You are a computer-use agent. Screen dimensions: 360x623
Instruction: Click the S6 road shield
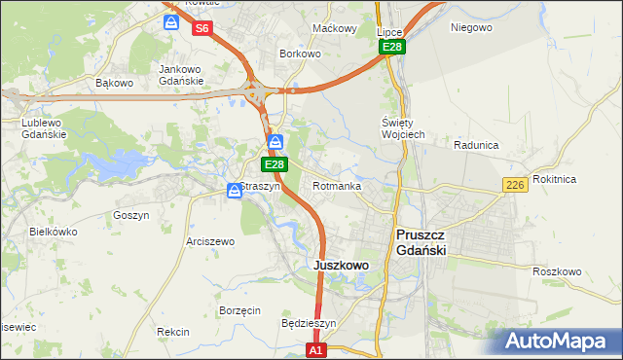click(x=202, y=28)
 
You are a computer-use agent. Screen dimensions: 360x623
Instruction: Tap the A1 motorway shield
click(x=315, y=349)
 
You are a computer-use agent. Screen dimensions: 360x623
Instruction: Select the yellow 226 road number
click(x=515, y=185)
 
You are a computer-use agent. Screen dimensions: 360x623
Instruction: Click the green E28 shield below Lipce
click(x=391, y=47)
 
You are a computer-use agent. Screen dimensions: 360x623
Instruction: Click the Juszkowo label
click(x=341, y=265)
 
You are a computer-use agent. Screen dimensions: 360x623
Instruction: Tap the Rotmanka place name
click(x=337, y=186)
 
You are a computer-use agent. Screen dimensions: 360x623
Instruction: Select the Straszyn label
click(x=260, y=186)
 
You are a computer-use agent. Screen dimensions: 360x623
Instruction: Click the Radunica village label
click(x=476, y=145)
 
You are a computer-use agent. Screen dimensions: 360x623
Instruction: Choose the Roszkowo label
click(x=558, y=271)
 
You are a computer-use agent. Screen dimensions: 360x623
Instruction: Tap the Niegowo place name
click(x=471, y=27)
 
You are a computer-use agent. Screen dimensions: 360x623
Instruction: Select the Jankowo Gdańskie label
click(x=180, y=75)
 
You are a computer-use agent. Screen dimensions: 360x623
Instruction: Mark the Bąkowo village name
click(x=114, y=83)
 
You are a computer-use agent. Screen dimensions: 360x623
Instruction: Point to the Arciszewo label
click(x=210, y=241)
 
